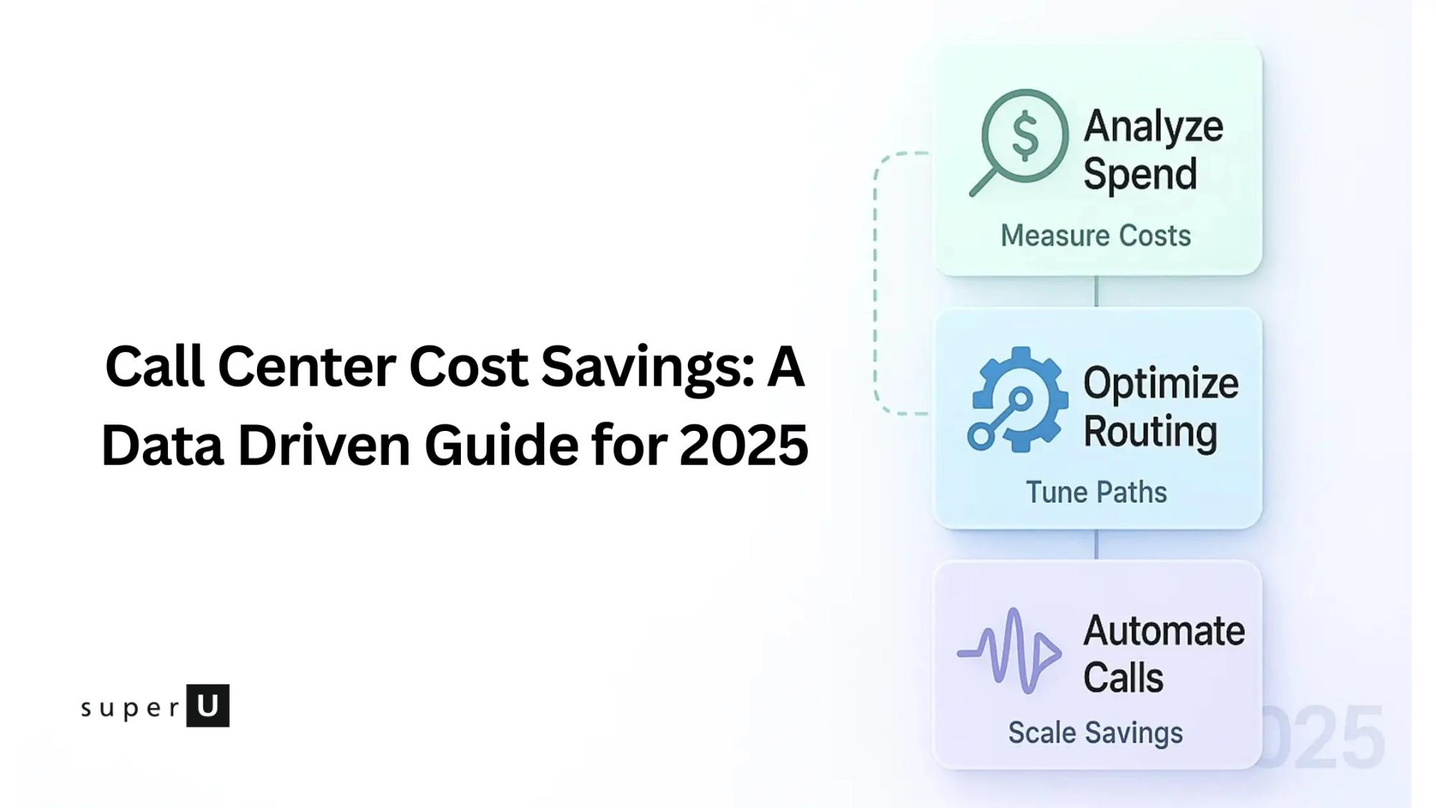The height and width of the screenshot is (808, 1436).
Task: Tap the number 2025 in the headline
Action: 743,445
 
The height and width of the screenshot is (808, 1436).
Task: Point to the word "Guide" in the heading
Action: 501,445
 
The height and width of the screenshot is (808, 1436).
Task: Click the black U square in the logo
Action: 208,705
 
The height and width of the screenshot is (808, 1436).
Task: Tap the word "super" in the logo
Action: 131,708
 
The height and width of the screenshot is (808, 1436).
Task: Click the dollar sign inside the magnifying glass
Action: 1025,135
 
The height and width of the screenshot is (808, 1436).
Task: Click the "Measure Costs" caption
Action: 1096,236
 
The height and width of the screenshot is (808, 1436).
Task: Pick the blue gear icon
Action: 1018,399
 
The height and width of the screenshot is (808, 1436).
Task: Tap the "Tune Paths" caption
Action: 1096,493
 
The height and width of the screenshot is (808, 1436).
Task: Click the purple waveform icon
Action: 1010,651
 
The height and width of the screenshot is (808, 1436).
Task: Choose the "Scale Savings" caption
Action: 1095,733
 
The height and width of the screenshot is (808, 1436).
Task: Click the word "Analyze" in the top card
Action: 1153,127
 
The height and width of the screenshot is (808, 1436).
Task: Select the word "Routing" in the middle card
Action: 1150,431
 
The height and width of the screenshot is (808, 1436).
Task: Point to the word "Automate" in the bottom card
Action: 1164,631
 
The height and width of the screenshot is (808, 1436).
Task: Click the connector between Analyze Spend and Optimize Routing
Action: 1096,291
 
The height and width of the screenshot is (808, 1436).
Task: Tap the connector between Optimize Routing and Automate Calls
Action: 1096,544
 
